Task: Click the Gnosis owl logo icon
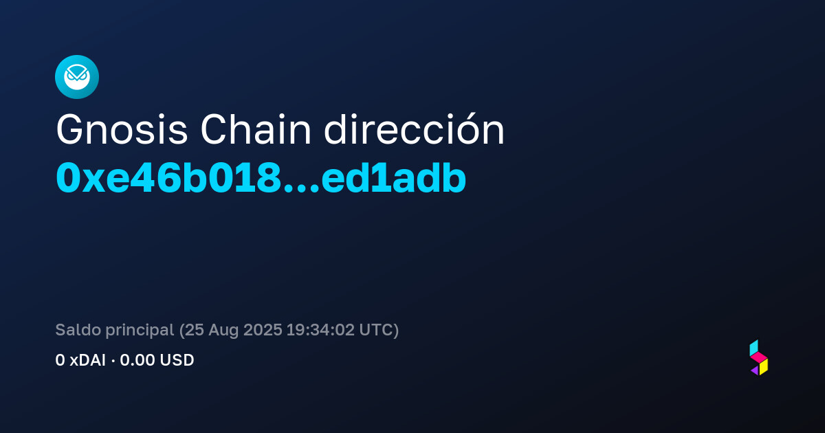coord(77,77)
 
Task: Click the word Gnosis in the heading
coord(122,130)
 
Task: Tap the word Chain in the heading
coord(256,130)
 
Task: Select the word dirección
coord(414,129)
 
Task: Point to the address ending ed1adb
coord(394,178)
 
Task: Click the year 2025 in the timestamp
coord(263,330)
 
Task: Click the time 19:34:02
coord(320,330)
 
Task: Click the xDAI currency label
coord(88,360)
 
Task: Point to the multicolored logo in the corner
coord(759,357)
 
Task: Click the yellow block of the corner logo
coord(764,367)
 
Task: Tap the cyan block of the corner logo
coord(753,348)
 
